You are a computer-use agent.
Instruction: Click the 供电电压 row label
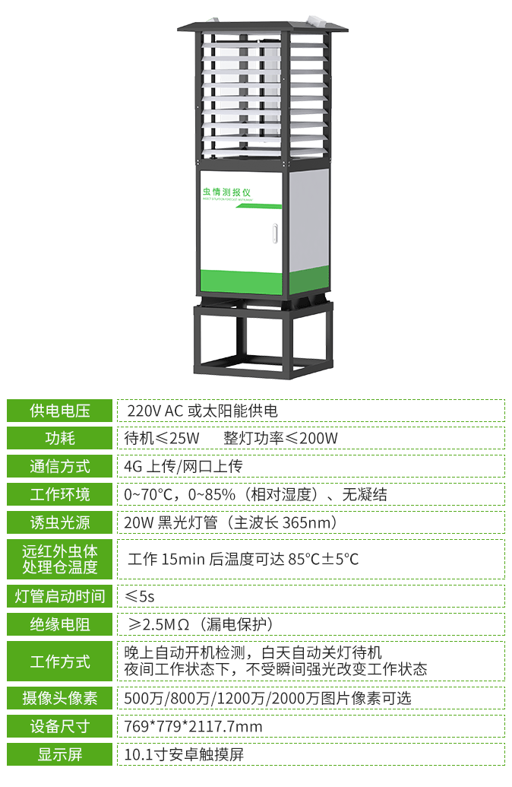[60, 411]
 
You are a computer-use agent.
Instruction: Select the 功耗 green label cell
[60, 438]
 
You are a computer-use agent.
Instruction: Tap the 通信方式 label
[60, 466]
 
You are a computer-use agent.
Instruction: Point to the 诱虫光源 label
[60, 522]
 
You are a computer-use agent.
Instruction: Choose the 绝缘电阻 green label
[60, 624]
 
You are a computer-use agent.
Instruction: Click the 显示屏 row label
[60, 754]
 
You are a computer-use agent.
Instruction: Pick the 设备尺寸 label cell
[60, 726]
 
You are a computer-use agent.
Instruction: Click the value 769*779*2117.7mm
[193, 726]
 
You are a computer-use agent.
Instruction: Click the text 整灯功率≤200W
[280, 438]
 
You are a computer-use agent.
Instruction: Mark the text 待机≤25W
[162, 438]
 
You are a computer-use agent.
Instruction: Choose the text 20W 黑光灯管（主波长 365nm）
[231, 522]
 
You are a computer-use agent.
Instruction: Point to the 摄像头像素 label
[60, 698]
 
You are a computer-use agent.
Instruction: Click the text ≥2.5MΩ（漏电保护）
[201, 624]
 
